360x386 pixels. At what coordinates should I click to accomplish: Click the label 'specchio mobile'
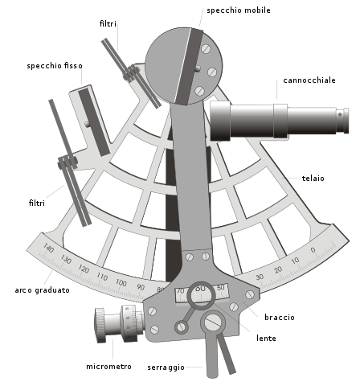tap(239, 10)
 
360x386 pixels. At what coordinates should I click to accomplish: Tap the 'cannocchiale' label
tap(309, 80)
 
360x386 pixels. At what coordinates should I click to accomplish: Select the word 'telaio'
tap(313, 179)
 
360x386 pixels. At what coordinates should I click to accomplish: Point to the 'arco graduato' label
tap(43, 290)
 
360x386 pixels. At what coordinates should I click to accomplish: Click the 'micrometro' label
tap(108, 367)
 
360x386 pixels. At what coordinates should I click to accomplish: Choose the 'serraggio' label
tap(166, 368)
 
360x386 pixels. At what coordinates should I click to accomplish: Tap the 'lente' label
tap(266, 339)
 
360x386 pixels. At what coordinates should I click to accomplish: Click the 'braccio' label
tap(280, 318)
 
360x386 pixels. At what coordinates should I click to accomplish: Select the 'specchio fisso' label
tap(55, 66)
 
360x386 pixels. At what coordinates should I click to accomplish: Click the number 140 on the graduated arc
tap(48, 248)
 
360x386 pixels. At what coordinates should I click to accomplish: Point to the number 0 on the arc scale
tap(313, 250)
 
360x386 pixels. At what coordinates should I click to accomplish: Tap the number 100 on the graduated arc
tap(121, 282)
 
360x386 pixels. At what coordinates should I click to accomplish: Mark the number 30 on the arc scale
tap(260, 277)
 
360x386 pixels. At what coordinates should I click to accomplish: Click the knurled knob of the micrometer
tap(100, 325)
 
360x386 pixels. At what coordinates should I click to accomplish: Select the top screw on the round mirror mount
tap(206, 49)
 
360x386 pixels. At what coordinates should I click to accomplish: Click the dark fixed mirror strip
tap(94, 122)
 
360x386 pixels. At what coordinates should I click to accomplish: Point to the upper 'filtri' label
tap(108, 24)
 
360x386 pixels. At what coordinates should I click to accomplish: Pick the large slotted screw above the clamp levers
tap(213, 322)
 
